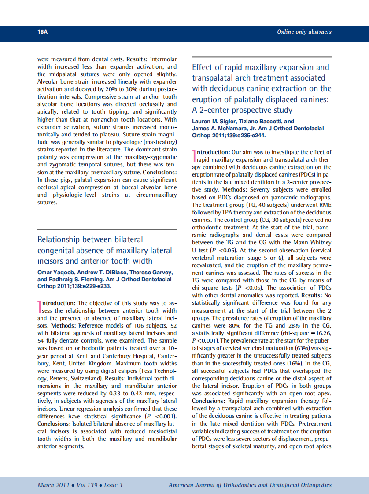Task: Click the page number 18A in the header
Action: click(x=43, y=32)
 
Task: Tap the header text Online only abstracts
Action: click(x=304, y=32)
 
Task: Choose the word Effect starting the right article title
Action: click(x=203, y=67)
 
